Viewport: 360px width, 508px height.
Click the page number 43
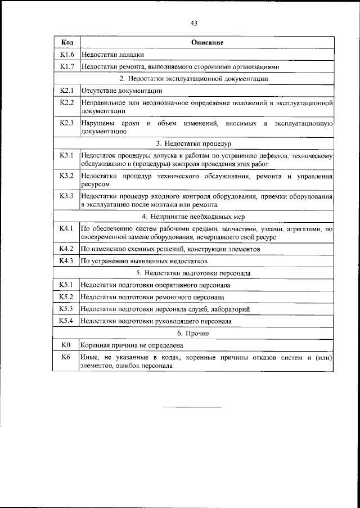click(193, 23)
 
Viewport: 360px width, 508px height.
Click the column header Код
click(67, 43)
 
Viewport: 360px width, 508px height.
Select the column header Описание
click(207, 43)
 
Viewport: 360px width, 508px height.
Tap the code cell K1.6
click(67, 55)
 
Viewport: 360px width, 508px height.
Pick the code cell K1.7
click(67, 66)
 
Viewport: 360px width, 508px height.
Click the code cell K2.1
click(67, 90)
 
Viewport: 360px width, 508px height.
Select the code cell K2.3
click(67, 123)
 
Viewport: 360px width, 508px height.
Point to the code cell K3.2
click(67, 176)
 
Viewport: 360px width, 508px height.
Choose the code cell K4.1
click(67, 229)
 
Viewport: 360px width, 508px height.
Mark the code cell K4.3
click(67, 261)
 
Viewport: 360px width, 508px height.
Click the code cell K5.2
click(67, 296)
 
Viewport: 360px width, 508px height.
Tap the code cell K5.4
click(67, 321)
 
